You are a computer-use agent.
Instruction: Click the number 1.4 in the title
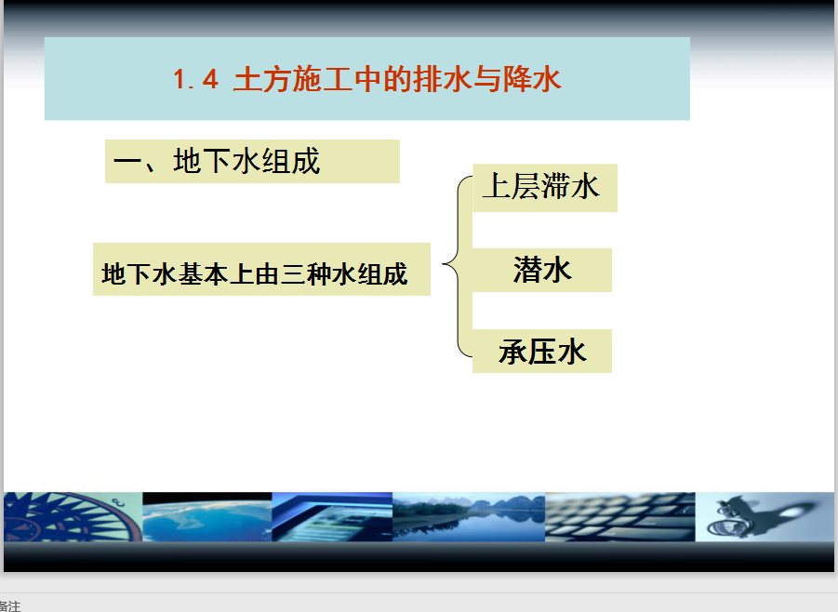point(195,80)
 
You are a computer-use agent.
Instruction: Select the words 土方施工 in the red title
point(293,79)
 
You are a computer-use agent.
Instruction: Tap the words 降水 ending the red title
point(531,79)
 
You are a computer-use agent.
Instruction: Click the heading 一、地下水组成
point(217,161)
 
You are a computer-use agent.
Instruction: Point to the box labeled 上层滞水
point(545,188)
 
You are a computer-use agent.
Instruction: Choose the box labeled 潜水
point(542,270)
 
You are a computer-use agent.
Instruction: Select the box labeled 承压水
point(542,352)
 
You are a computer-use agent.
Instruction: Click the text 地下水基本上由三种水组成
point(255,273)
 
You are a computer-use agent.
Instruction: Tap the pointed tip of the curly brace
point(444,263)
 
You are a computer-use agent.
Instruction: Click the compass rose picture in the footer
point(73,517)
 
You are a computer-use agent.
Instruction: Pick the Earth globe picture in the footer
point(207,517)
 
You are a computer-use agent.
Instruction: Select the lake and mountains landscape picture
point(469,517)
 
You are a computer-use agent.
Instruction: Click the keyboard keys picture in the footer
point(620,517)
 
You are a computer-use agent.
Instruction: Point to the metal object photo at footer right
point(765,517)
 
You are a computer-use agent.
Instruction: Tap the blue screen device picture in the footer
point(332,517)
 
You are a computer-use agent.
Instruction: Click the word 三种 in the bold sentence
point(306,273)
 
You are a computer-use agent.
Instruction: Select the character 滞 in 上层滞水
point(555,187)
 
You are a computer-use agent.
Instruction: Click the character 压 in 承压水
point(542,353)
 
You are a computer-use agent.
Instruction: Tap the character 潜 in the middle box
point(527,270)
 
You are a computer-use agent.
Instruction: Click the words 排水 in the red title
point(443,79)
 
